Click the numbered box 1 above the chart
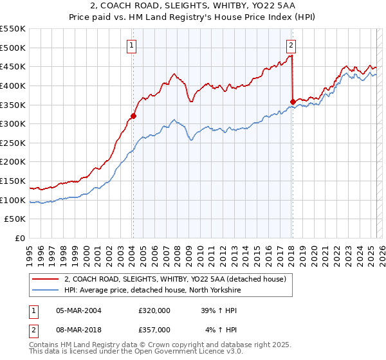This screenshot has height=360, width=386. [131, 45]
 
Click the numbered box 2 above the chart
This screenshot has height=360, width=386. [291, 45]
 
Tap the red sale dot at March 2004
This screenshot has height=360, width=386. [134, 116]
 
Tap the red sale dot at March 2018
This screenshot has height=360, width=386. [293, 102]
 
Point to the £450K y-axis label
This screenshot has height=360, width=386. [13, 66]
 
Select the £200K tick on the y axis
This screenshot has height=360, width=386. [13, 161]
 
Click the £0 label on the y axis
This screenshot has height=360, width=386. [21, 238]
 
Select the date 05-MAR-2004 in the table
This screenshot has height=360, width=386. [78, 310]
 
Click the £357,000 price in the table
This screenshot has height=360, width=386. [154, 330]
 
